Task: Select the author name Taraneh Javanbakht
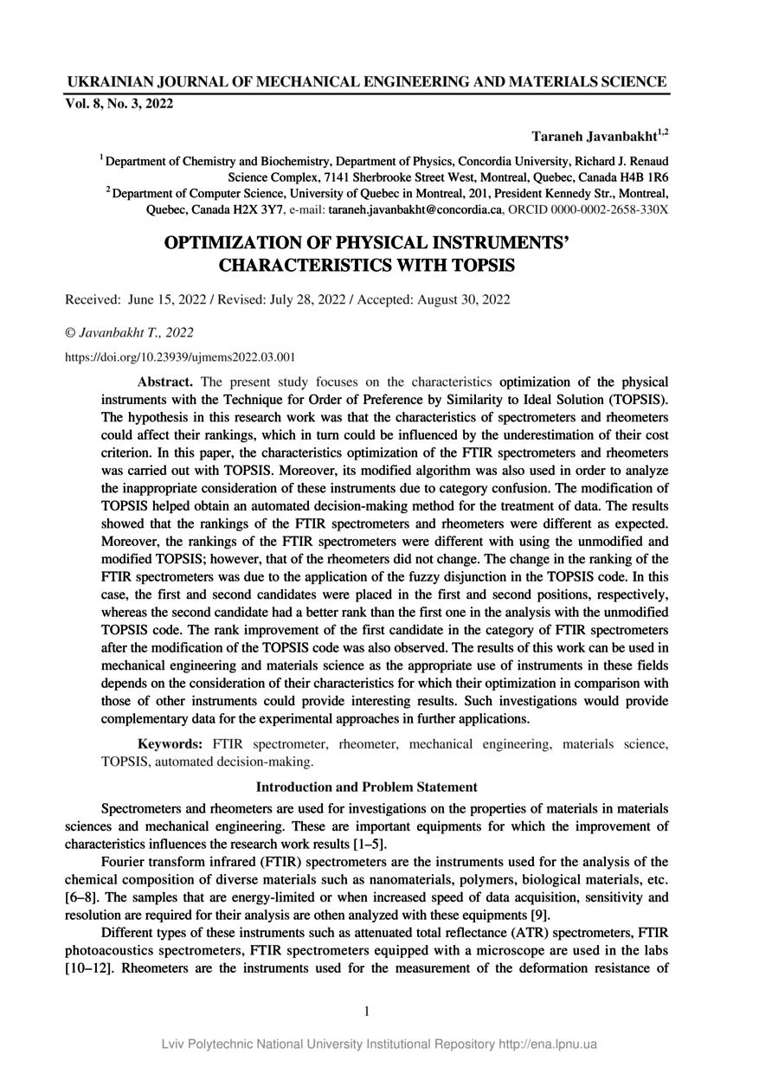tap(595, 137)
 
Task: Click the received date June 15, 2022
tap(166, 299)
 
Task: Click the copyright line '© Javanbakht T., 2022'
tap(130, 332)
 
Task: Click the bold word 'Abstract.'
tap(166, 381)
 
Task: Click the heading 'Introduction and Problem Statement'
tap(367, 787)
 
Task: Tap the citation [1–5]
tap(367, 844)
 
